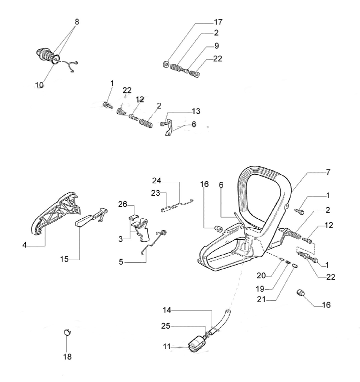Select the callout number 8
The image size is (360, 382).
pos(76,22)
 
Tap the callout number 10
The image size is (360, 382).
pos(39,85)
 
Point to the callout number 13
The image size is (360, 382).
pos(195,110)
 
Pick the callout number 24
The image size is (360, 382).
pos(156,180)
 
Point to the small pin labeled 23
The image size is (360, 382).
pos(163,210)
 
